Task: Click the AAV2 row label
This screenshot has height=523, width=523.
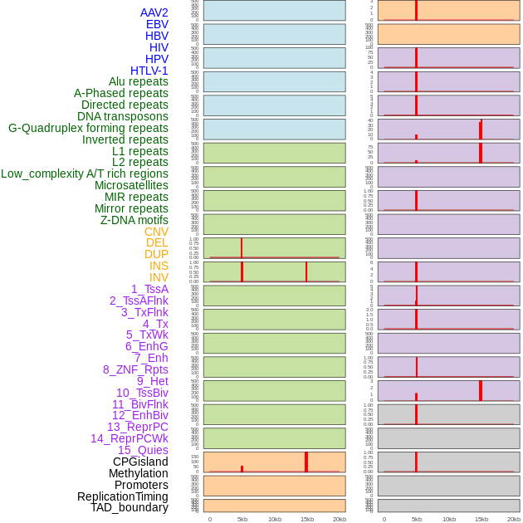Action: (x=154, y=12)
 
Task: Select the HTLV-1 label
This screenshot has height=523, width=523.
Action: (x=149, y=71)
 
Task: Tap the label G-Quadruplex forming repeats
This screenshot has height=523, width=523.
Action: (x=88, y=128)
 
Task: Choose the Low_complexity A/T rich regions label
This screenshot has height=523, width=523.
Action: (x=85, y=174)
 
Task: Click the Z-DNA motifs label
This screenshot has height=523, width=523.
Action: (x=134, y=220)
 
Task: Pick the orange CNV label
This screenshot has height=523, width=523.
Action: (x=156, y=232)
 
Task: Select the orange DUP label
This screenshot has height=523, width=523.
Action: (x=156, y=254)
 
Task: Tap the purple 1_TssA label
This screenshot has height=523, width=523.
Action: (x=149, y=289)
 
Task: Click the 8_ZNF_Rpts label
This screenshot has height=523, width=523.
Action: (x=135, y=369)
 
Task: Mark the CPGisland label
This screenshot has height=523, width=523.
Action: (x=140, y=462)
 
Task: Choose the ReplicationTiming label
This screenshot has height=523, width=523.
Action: (x=122, y=496)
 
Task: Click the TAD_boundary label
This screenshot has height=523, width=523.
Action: (x=129, y=507)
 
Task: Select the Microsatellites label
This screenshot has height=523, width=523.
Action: (x=131, y=185)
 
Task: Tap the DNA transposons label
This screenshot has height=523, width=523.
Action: (x=123, y=116)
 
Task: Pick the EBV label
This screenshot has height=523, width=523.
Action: (x=157, y=24)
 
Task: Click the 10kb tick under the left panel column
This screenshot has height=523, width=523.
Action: (x=274, y=519)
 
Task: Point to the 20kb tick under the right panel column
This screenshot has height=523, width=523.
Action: (x=513, y=519)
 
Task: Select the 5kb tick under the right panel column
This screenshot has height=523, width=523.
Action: (x=416, y=519)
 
